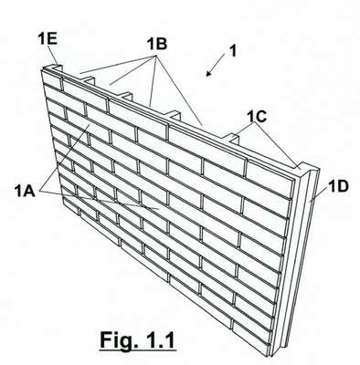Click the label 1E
(48, 39)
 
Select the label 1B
(157, 44)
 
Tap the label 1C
(257, 116)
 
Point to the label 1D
(338, 186)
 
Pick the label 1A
(25, 191)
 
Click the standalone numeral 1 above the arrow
(233, 50)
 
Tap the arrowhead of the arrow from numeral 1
(209, 73)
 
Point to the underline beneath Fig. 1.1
(138, 350)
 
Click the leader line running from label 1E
(54, 57)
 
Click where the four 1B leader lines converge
(156, 57)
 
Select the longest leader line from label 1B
(179, 90)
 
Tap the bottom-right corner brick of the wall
(251, 336)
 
